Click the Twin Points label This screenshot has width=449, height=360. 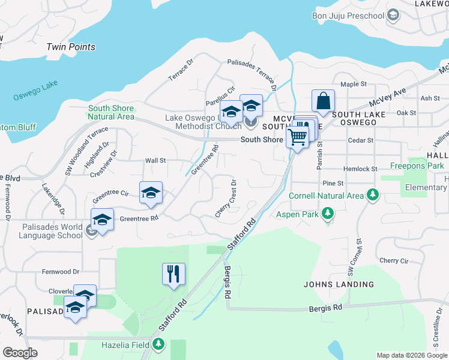[71, 47]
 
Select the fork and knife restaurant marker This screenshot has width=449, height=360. [173, 274]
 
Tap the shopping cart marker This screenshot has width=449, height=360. [297, 137]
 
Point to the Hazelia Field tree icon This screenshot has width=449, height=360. [158, 344]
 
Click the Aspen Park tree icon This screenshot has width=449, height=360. [328, 213]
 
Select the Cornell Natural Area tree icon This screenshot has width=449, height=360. [373, 195]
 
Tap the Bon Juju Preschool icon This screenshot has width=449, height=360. [393, 14]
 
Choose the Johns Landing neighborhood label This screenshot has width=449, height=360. [339, 284]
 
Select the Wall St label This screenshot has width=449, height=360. [155, 161]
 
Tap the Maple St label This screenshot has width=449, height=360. [353, 85]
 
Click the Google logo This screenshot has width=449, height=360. [20, 353]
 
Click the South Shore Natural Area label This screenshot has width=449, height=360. [110, 113]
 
